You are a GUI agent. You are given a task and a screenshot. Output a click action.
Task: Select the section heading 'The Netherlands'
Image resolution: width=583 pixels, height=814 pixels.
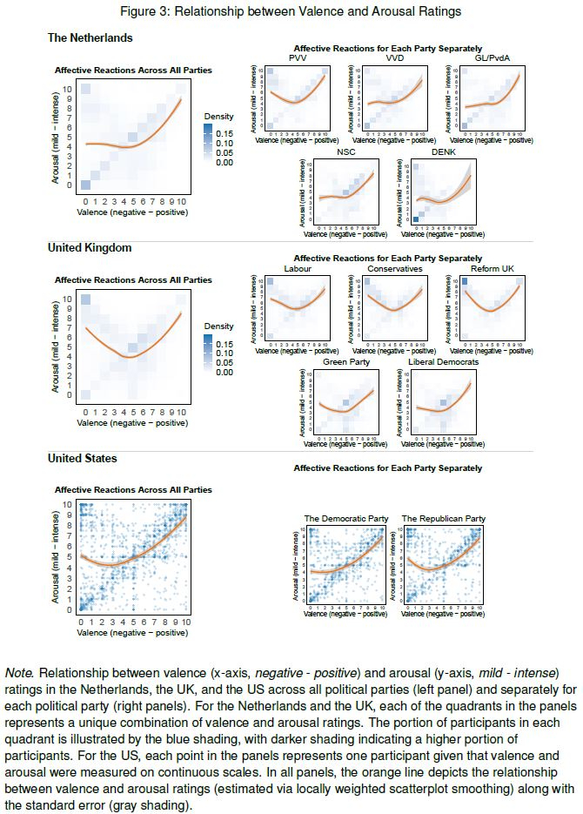90,37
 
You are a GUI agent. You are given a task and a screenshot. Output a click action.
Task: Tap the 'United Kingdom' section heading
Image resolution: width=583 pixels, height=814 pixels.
90,247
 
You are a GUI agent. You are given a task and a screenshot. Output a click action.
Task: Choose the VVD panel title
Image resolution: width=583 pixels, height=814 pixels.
395,57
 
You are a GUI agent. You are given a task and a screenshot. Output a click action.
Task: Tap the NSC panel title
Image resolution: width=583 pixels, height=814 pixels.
346,152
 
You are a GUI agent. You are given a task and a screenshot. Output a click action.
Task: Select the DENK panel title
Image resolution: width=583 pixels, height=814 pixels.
444,152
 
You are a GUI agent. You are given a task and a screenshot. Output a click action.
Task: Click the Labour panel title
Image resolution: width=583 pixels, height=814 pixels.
298,268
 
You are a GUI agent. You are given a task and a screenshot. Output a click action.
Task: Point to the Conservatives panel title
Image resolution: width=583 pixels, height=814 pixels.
395,268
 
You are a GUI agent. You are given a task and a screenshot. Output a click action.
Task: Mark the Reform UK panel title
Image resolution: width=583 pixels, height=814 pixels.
493,268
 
